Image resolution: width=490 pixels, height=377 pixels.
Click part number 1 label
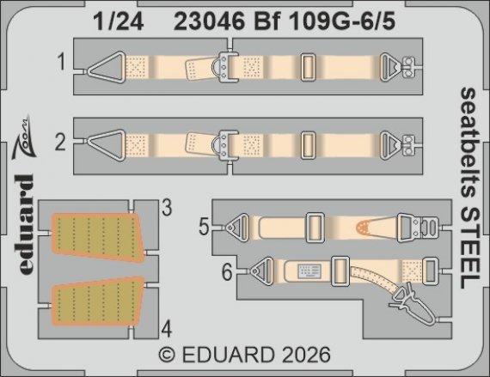[61, 63]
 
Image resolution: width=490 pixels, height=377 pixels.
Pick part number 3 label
[167, 207]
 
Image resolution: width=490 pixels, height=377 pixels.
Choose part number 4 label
[167, 328]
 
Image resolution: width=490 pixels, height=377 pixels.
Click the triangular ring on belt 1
[104, 63]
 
